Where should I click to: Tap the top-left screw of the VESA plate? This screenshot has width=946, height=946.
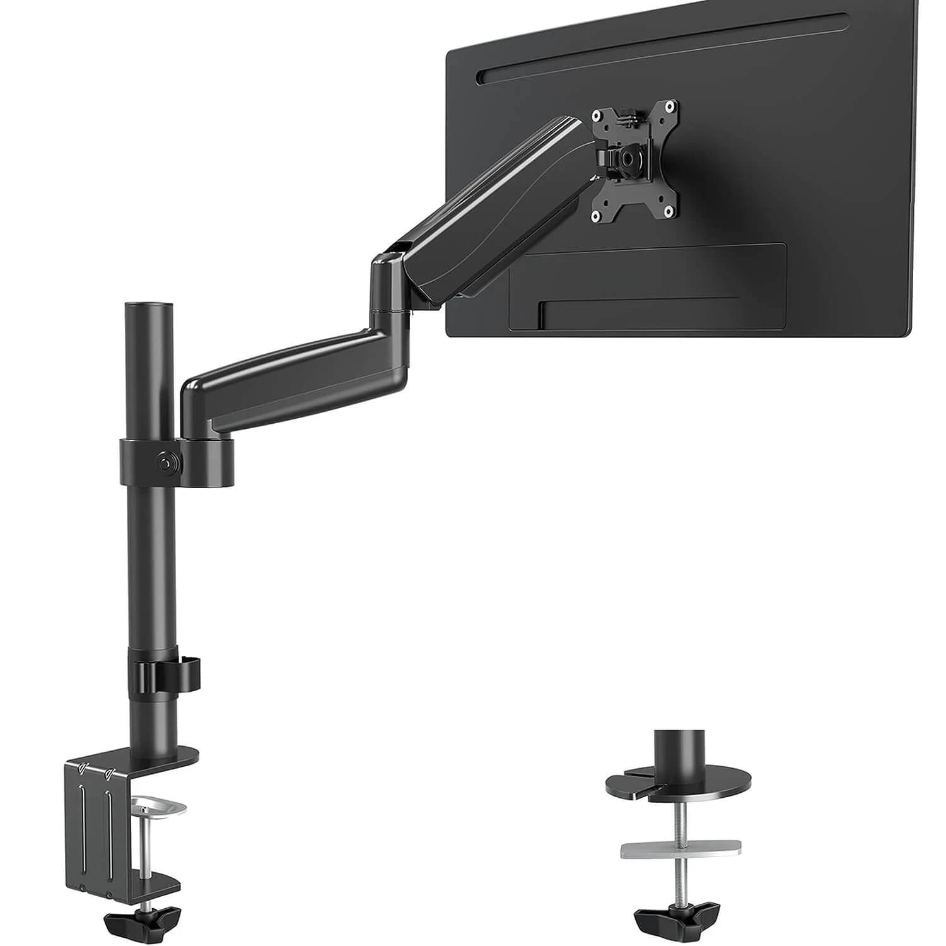tap(595, 115)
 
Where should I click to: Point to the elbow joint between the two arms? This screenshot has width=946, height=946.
tap(388, 284)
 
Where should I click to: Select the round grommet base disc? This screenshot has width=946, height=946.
tap(679, 782)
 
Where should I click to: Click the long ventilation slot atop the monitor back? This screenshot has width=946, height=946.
tap(662, 44)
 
